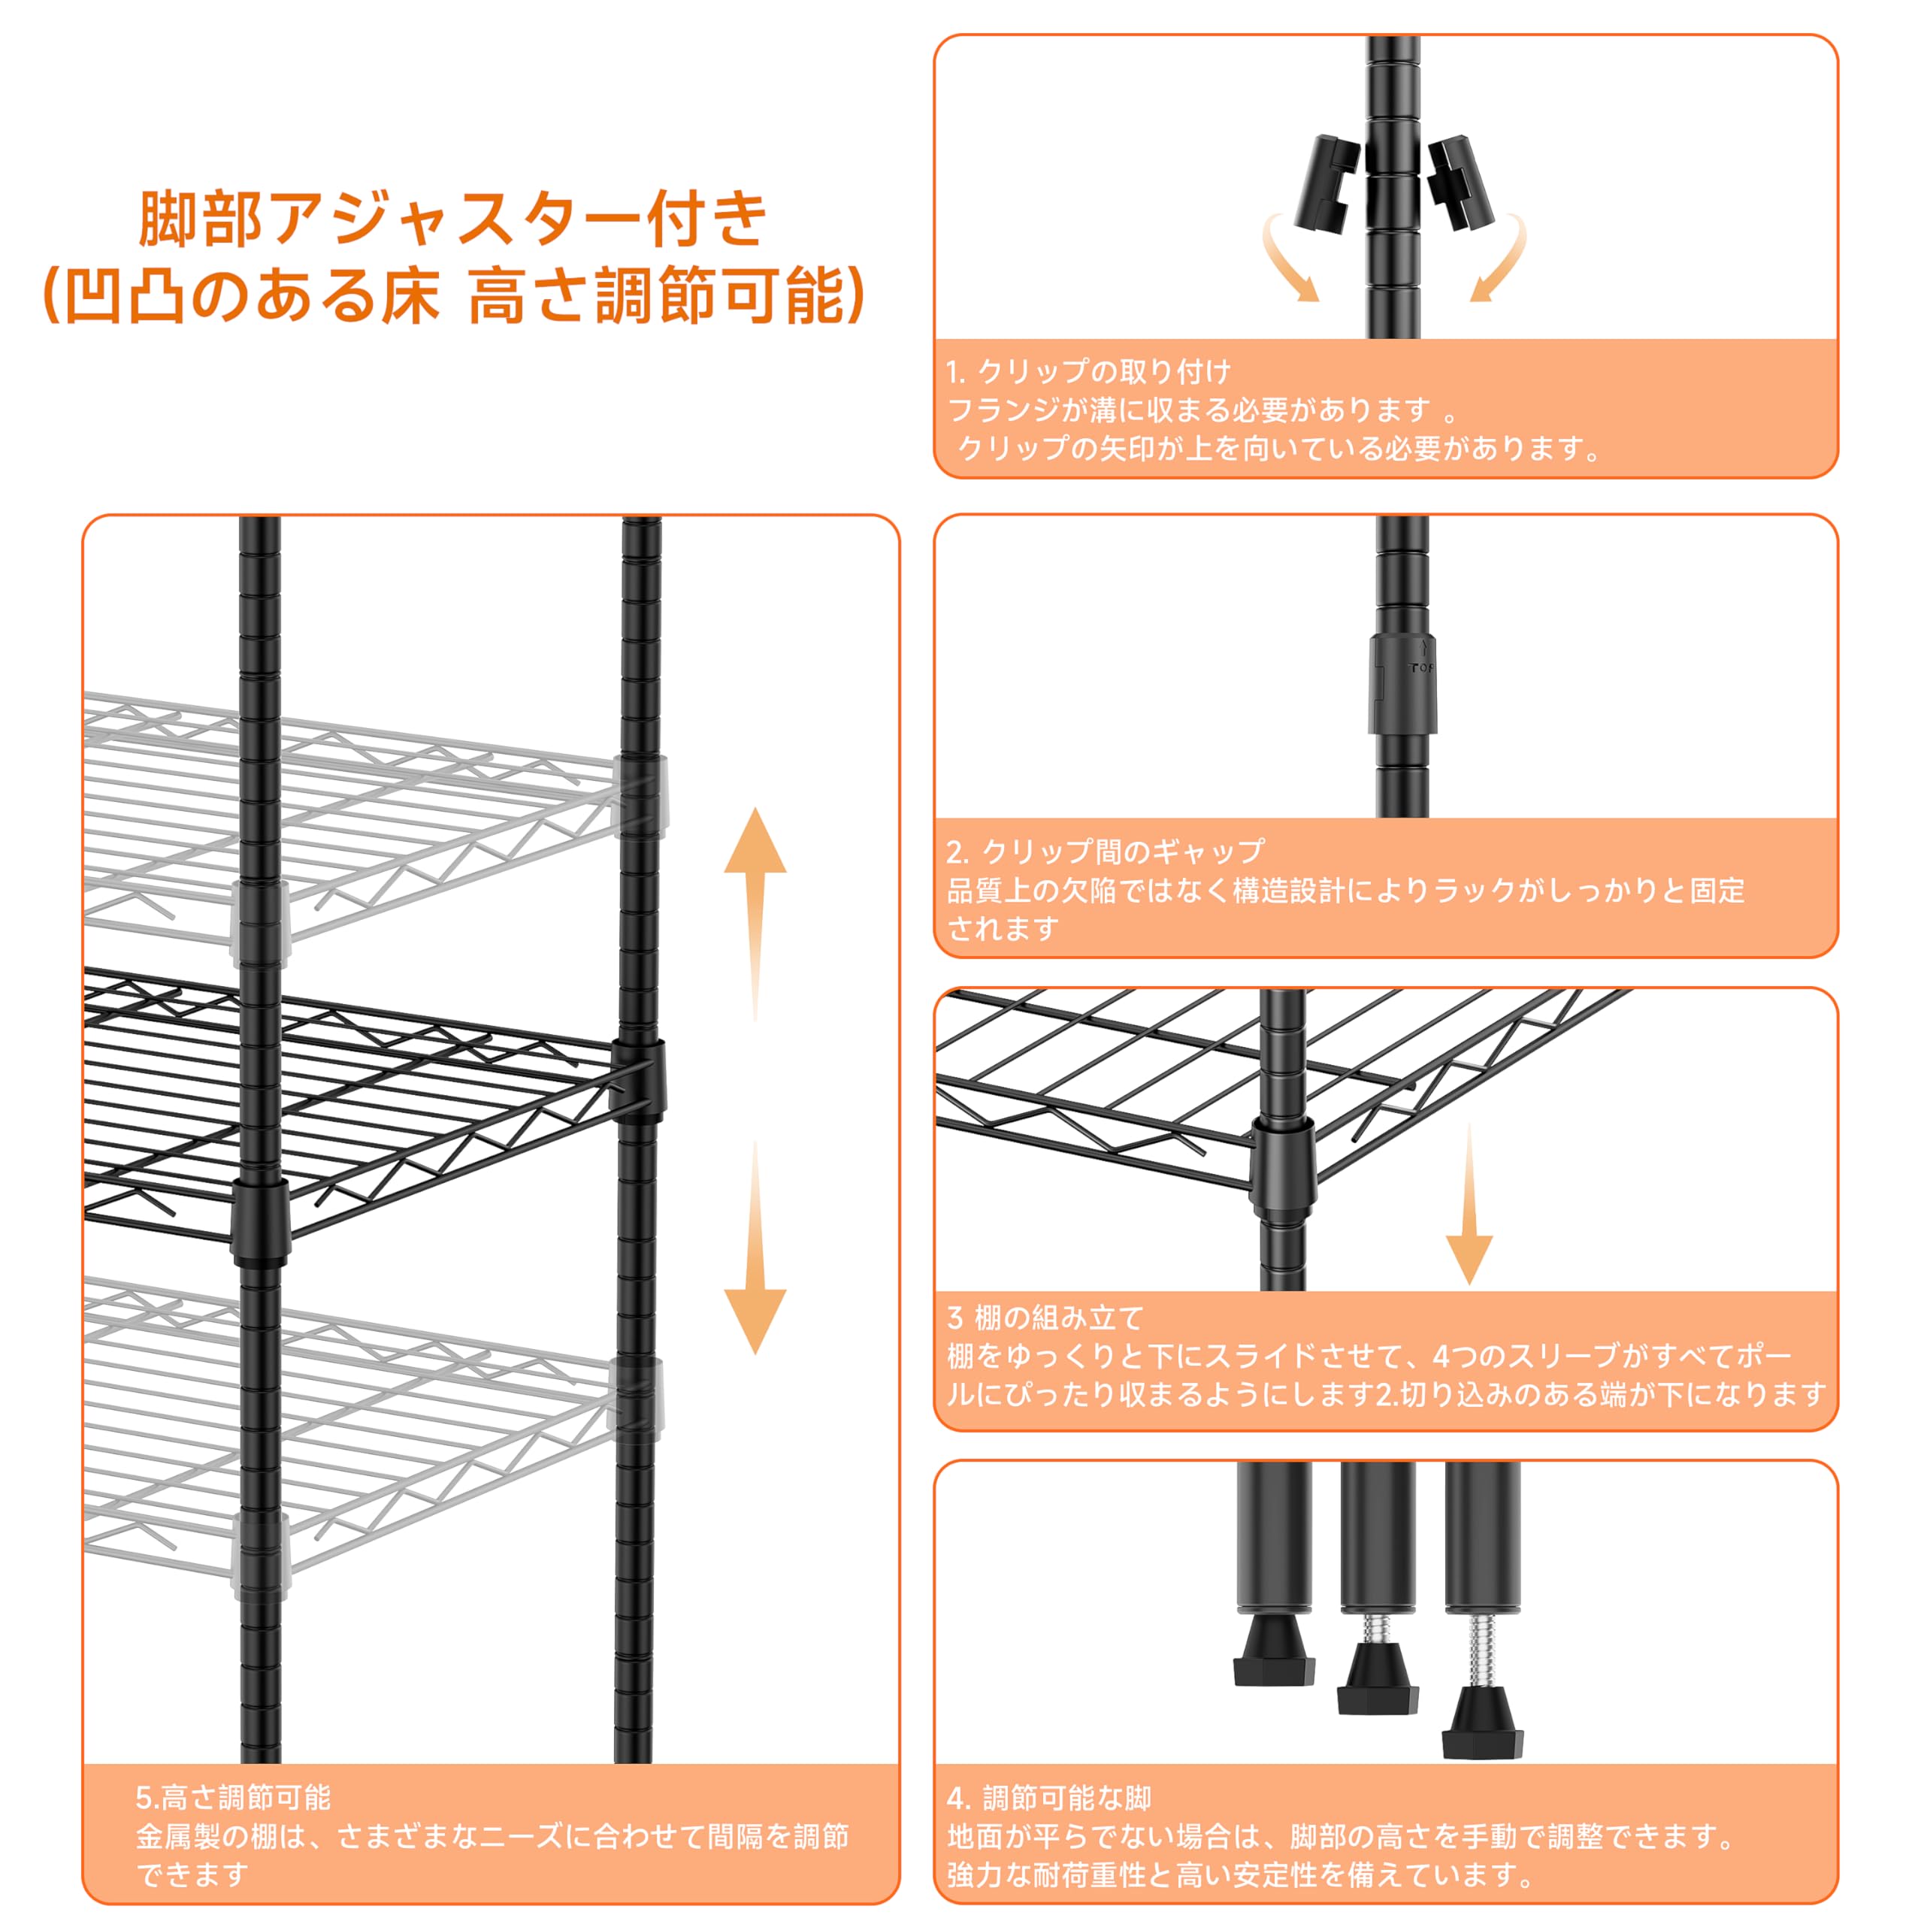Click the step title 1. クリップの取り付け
coord(1088,373)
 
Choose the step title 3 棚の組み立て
coord(1045,1317)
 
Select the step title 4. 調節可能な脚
coord(1048,1798)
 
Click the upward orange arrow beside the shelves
coord(755,913)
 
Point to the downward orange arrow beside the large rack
coord(755,1247)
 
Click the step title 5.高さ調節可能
coord(233,1798)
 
